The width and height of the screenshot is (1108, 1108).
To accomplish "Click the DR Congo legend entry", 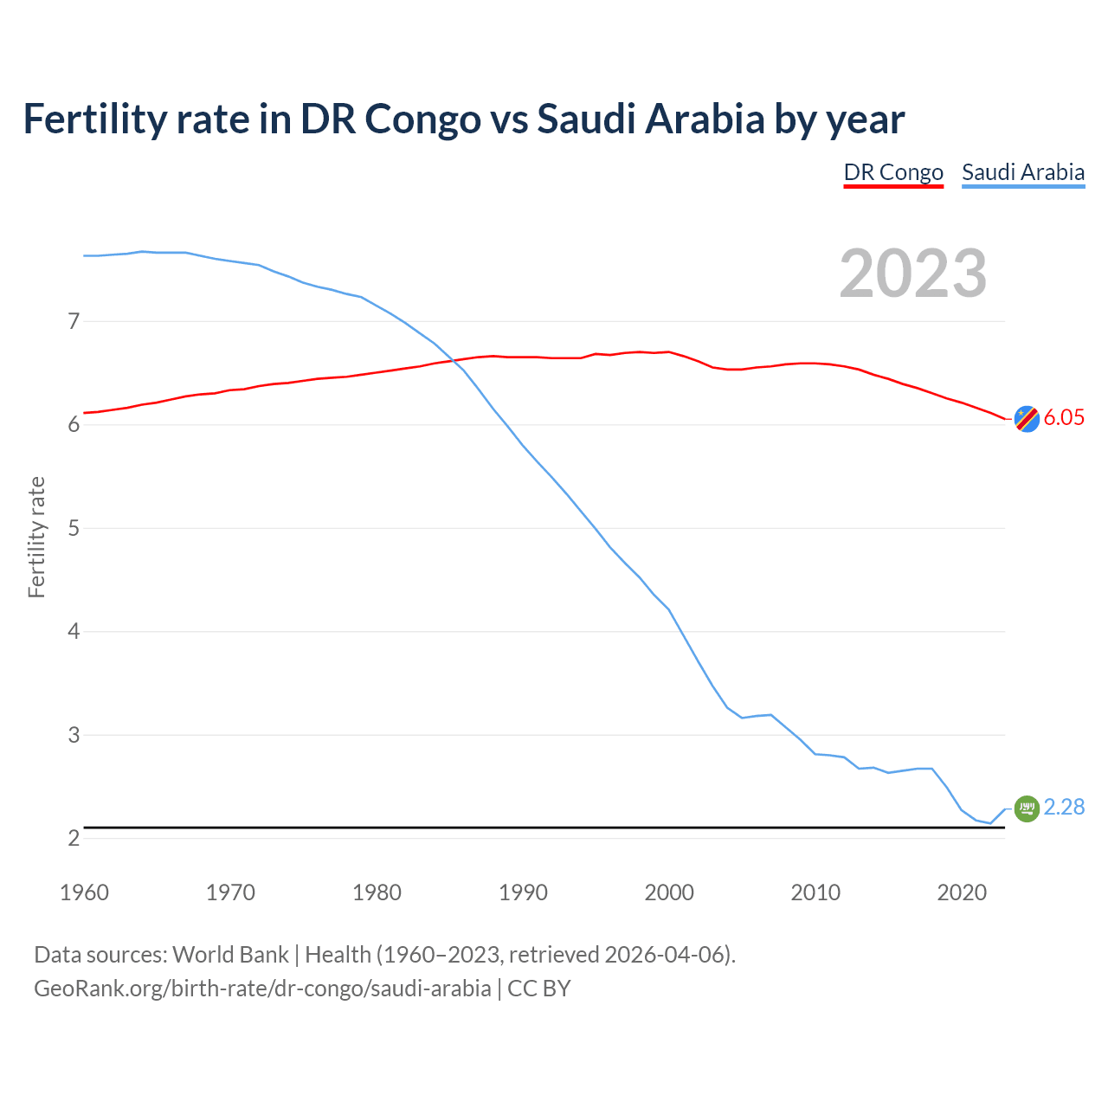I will (x=893, y=172).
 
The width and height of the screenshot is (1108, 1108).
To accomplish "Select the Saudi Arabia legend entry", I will (x=1023, y=172).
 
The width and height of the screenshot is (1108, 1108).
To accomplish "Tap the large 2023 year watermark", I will (x=913, y=274).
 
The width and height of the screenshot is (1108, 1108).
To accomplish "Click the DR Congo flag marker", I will (x=1027, y=418).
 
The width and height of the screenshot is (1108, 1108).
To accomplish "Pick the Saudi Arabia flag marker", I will (x=1027, y=808).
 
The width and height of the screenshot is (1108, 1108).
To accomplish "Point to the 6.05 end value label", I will (x=1064, y=417).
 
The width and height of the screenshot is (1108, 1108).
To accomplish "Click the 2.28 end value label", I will (x=1064, y=807).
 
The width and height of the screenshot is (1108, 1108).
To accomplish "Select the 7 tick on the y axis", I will (x=74, y=321).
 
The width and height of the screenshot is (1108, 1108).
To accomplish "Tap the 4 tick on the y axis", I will (x=74, y=631).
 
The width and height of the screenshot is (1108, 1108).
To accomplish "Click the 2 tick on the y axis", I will (x=74, y=838).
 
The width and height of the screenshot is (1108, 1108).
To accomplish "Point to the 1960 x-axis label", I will (x=84, y=892).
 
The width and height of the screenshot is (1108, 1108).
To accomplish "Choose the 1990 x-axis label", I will (x=523, y=892).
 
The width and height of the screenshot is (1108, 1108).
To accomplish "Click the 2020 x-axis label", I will (x=962, y=892).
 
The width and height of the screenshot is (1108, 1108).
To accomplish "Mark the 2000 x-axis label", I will (x=669, y=892).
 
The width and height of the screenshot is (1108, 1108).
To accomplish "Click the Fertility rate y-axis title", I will (x=36, y=537).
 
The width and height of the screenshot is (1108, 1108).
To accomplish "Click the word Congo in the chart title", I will (x=422, y=119).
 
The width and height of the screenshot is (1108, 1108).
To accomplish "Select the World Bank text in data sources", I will (x=230, y=955).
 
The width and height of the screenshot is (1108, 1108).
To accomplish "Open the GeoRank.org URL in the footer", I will (x=262, y=989).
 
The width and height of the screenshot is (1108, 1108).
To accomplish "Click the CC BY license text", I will (x=539, y=989).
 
